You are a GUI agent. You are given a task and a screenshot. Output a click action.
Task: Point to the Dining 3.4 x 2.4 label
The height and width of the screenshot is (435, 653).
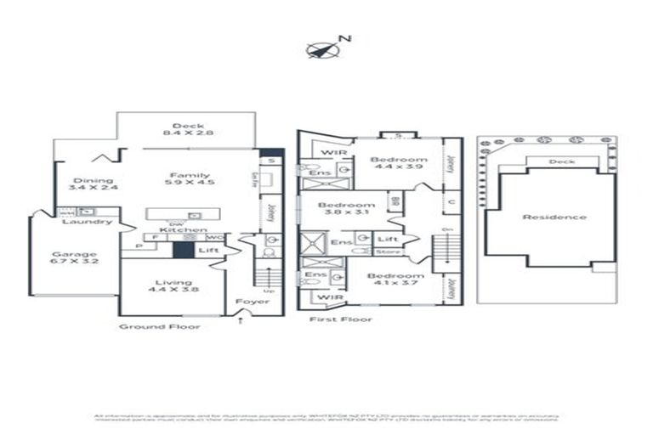pyautogui.click(x=94, y=184)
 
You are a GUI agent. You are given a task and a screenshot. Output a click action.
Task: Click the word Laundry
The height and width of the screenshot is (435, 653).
pyautogui.click(x=92, y=222)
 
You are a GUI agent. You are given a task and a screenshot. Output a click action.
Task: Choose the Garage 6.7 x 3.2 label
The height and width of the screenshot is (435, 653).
pyautogui.click(x=75, y=258)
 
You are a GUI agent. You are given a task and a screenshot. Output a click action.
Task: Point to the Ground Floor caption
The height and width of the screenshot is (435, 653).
pyautogui.click(x=159, y=326)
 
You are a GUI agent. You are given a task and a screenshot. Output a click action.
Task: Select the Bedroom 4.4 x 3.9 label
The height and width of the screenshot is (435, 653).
pyautogui.click(x=398, y=165)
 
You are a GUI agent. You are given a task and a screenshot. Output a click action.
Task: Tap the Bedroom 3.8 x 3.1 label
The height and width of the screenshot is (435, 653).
pyautogui.click(x=346, y=210)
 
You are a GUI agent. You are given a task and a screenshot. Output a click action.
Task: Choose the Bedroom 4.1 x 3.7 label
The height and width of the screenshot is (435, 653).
pyautogui.click(x=395, y=281)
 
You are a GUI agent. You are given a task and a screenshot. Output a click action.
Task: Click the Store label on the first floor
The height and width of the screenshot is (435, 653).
pyautogui.click(x=388, y=252)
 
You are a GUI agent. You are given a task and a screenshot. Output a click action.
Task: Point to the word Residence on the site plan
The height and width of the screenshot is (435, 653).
pyautogui.click(x=554, y=217)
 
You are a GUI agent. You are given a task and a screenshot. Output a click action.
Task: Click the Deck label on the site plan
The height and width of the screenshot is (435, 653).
pyautogui.click(x=560, y=161)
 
